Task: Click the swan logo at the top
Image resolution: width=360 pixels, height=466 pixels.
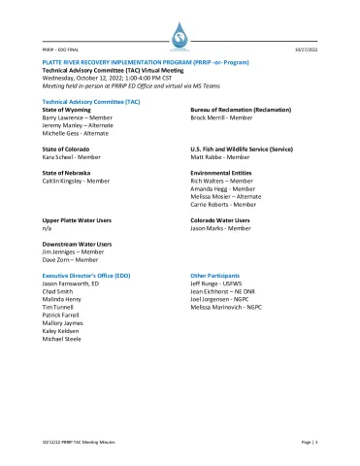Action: coord(180,39)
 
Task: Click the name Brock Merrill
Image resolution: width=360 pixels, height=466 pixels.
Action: coord(211,118)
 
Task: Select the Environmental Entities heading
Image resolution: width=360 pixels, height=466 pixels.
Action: coord(220,172)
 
